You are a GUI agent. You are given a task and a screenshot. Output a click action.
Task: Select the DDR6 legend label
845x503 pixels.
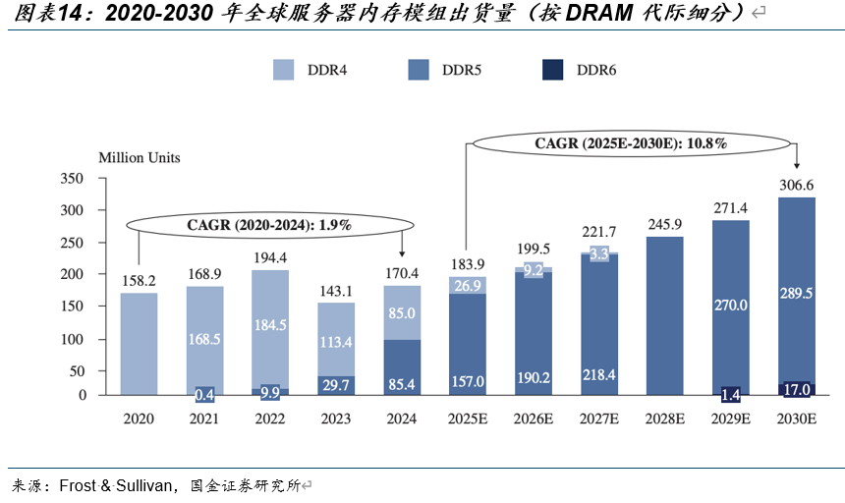point(596,69)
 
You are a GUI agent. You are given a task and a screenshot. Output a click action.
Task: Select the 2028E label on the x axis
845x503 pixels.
point(665,419)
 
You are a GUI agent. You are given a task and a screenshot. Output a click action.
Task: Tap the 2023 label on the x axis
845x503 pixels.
point(336,419)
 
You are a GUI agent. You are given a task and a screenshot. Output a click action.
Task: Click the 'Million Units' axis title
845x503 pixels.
point(139,156)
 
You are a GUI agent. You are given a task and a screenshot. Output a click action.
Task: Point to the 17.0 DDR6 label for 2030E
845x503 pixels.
point(797,390)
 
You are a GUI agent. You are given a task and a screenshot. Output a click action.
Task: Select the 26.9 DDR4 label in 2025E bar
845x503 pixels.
point(468,286)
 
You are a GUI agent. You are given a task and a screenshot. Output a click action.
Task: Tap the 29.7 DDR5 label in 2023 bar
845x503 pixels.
point(336,385)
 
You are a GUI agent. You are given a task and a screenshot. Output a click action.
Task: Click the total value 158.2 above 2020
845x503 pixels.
point(139,279)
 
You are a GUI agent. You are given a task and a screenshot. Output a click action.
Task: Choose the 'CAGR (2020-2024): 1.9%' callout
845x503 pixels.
point(269,225)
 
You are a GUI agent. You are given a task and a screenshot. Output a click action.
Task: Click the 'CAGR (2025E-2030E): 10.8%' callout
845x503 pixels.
point(631,143)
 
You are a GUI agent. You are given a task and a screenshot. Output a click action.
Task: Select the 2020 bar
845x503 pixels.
point(139,344)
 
